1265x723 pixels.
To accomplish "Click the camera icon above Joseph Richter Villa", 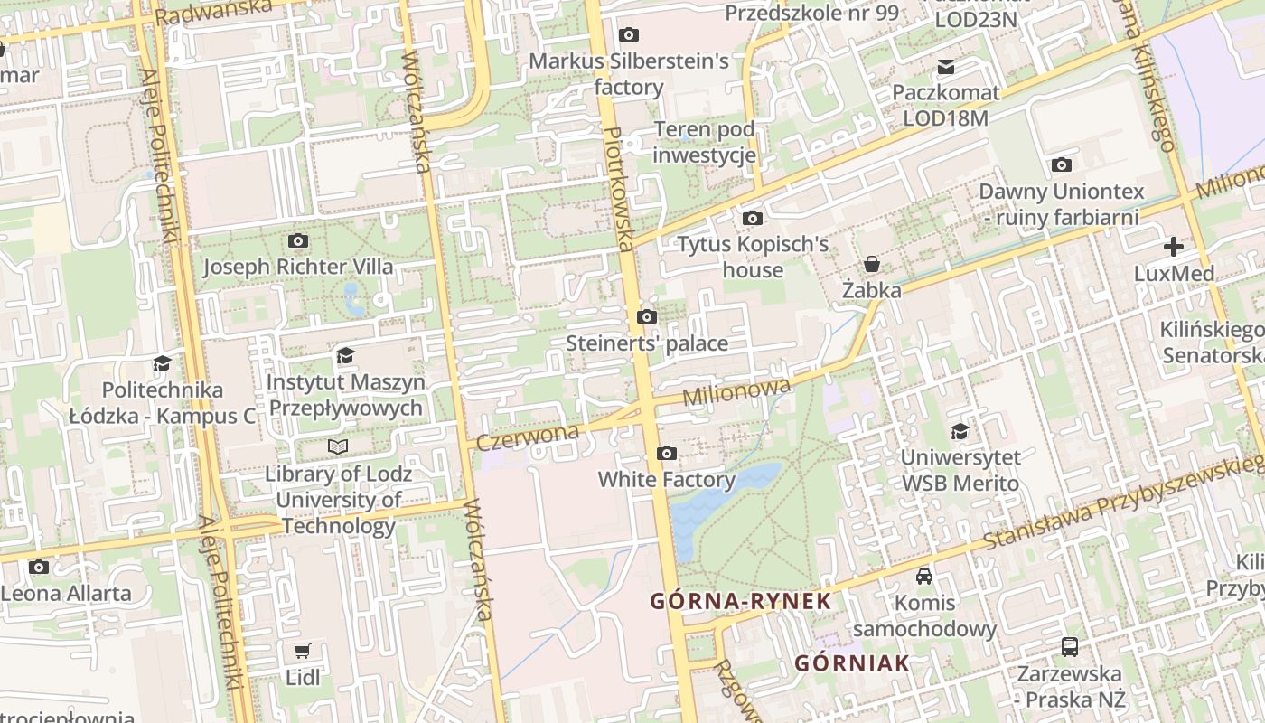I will [298, 240].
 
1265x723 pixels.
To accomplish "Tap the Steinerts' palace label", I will [647, 343].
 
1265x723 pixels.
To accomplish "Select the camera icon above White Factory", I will [667, 453].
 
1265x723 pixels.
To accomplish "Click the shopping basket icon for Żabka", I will [872, 264].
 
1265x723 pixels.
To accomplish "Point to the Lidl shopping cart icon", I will [303, 651].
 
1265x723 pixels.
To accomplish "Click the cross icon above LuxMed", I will [1173, 246].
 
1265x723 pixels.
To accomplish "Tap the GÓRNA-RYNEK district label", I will [740, 601].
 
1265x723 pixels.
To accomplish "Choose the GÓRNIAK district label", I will [851, 663].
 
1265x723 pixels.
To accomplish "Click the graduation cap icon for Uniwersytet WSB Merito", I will [960, 431].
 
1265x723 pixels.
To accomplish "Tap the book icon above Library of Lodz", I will [338, 446].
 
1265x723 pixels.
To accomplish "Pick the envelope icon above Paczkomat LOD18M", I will [946, 66].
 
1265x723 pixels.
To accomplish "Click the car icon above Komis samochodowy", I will [924, 576].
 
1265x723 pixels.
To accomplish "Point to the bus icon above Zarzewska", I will [1070, 646].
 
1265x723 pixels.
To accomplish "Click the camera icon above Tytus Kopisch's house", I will [752, 218].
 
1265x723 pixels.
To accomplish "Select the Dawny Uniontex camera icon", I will [1062, 164].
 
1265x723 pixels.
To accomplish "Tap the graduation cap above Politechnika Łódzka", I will [163, 363].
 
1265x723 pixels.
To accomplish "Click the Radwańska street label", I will [213, 12].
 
